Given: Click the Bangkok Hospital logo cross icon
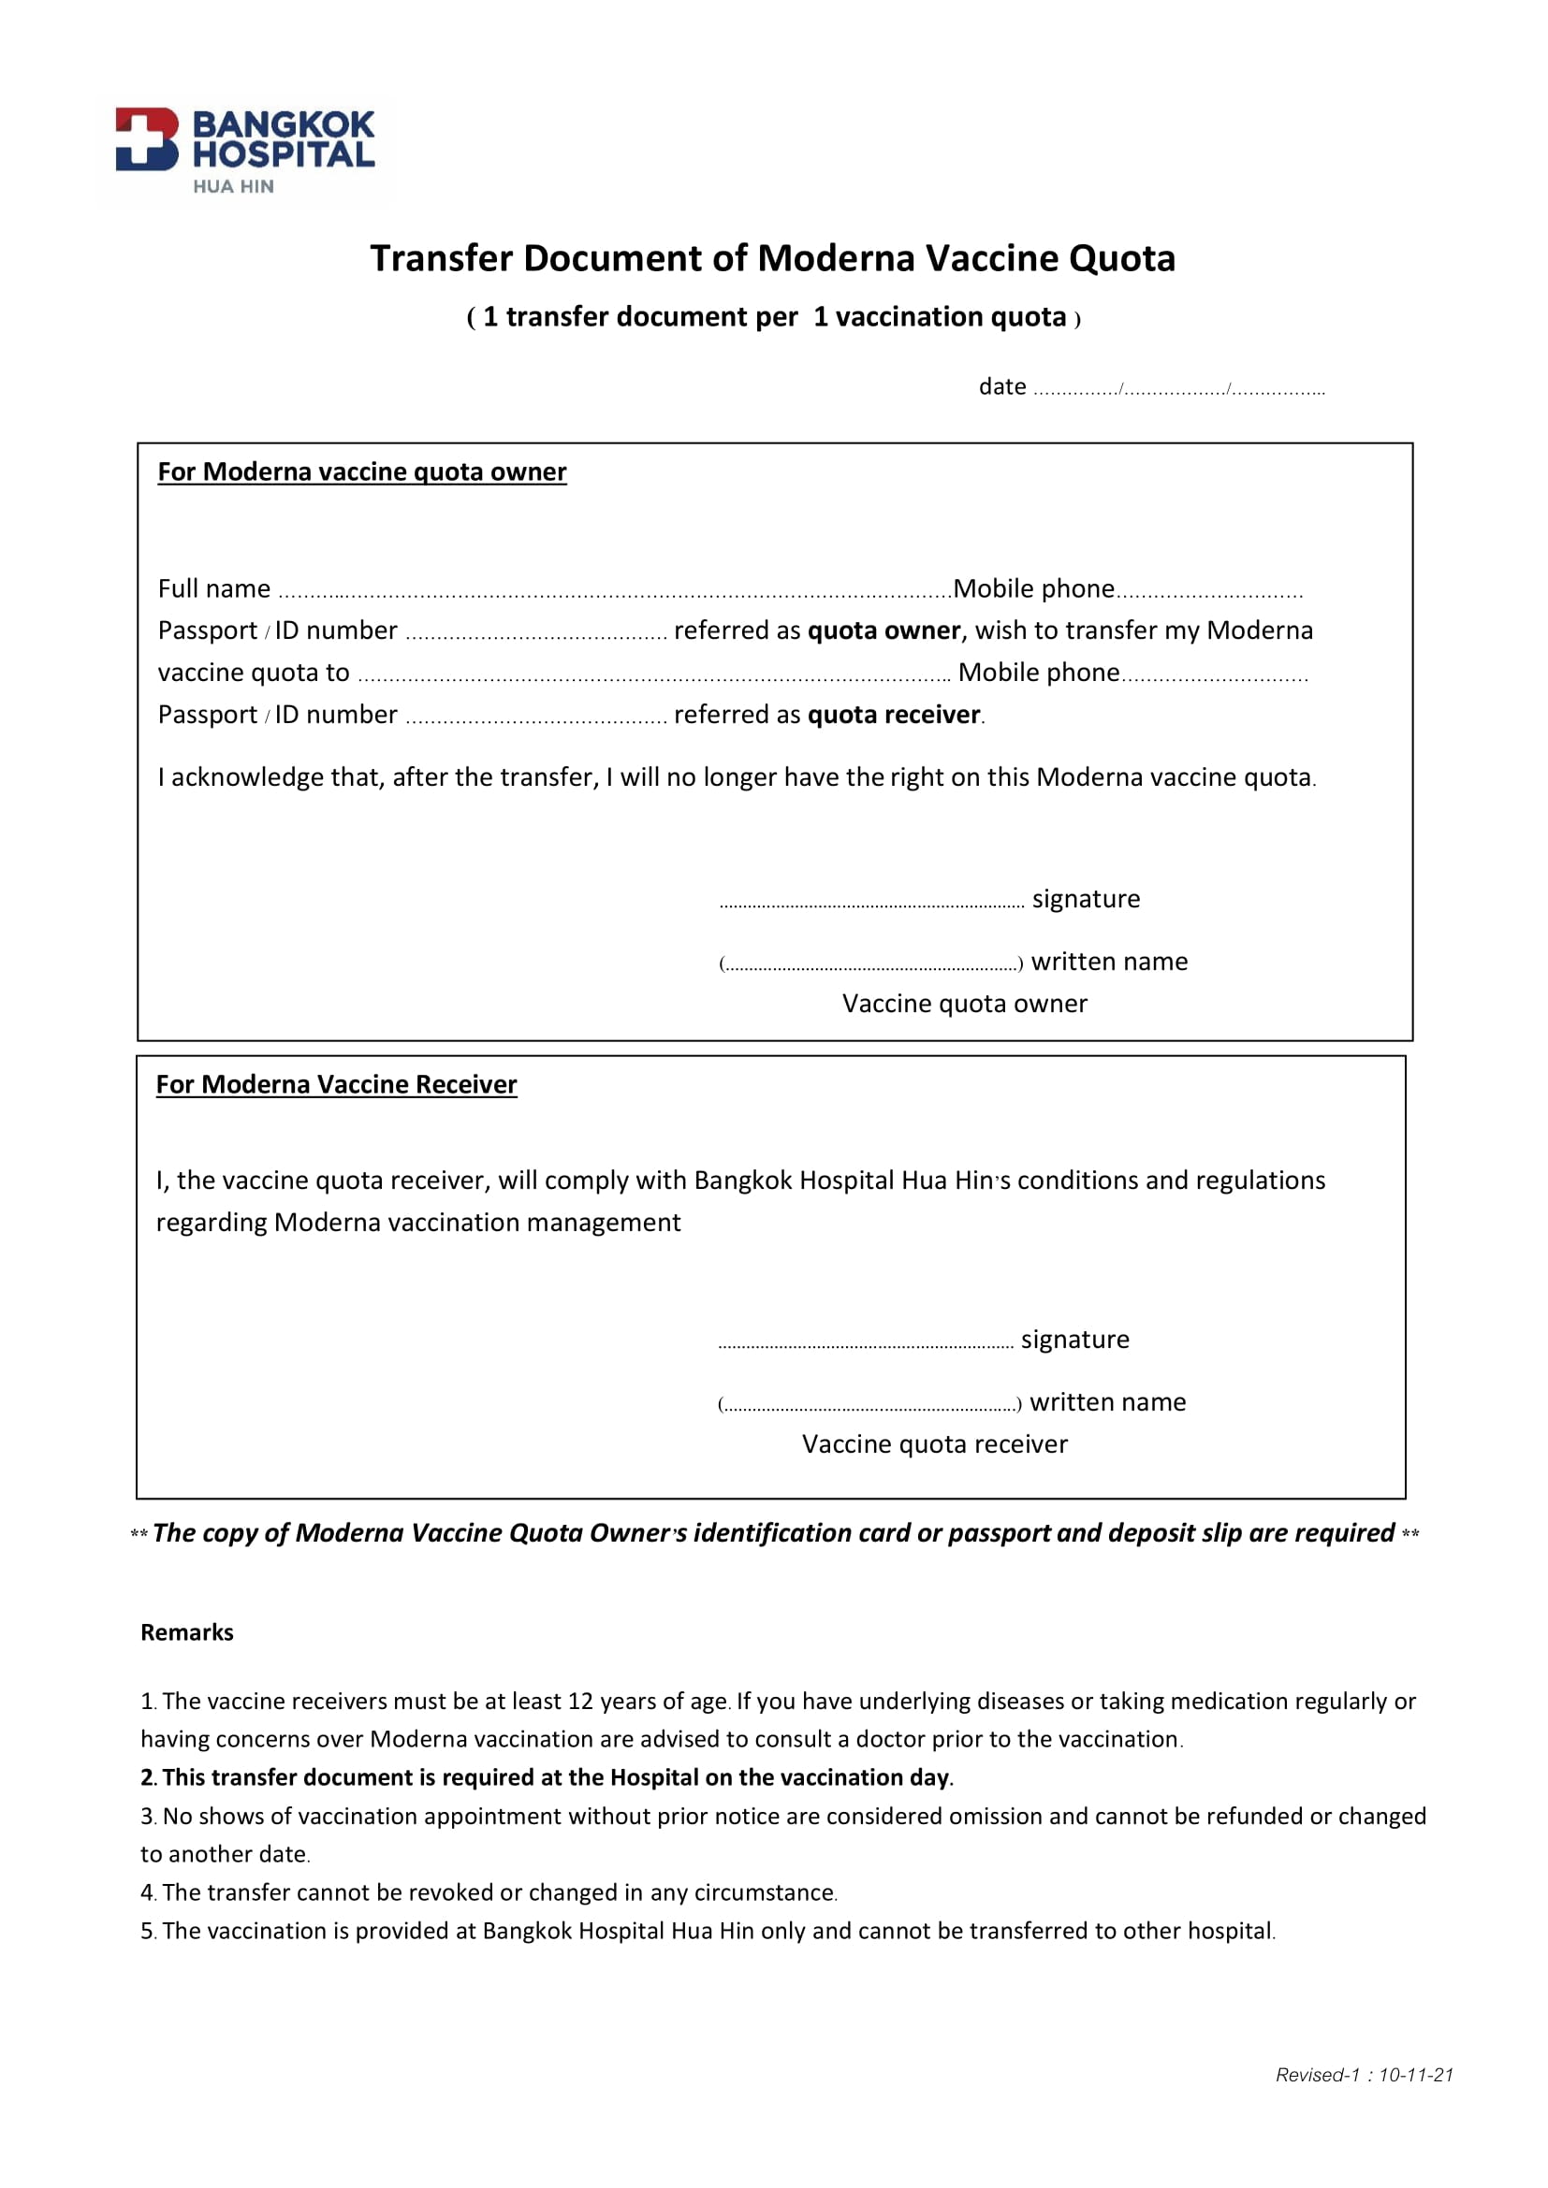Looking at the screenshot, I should coord(147,139).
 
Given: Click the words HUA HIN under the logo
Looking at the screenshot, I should coord(234,187).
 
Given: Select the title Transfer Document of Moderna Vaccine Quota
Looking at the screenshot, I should coord(772,258).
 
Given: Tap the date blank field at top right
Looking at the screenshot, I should coord(1178,389).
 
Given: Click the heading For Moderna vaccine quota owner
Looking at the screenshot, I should coord(361,471).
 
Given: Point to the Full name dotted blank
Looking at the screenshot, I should coord(614,592).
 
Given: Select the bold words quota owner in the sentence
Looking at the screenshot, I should coord(884,630).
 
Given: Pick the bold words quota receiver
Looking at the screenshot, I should coord(893,715).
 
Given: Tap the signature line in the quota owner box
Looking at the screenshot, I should coord(871,903).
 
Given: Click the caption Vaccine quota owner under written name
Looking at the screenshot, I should coord(964,1004).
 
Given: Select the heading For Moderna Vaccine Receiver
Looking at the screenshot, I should coord(337,1084).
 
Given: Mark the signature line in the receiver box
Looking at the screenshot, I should coord(866,1342).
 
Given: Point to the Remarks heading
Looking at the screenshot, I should coord(187,1632).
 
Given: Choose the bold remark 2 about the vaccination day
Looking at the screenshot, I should coord(548,1777).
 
